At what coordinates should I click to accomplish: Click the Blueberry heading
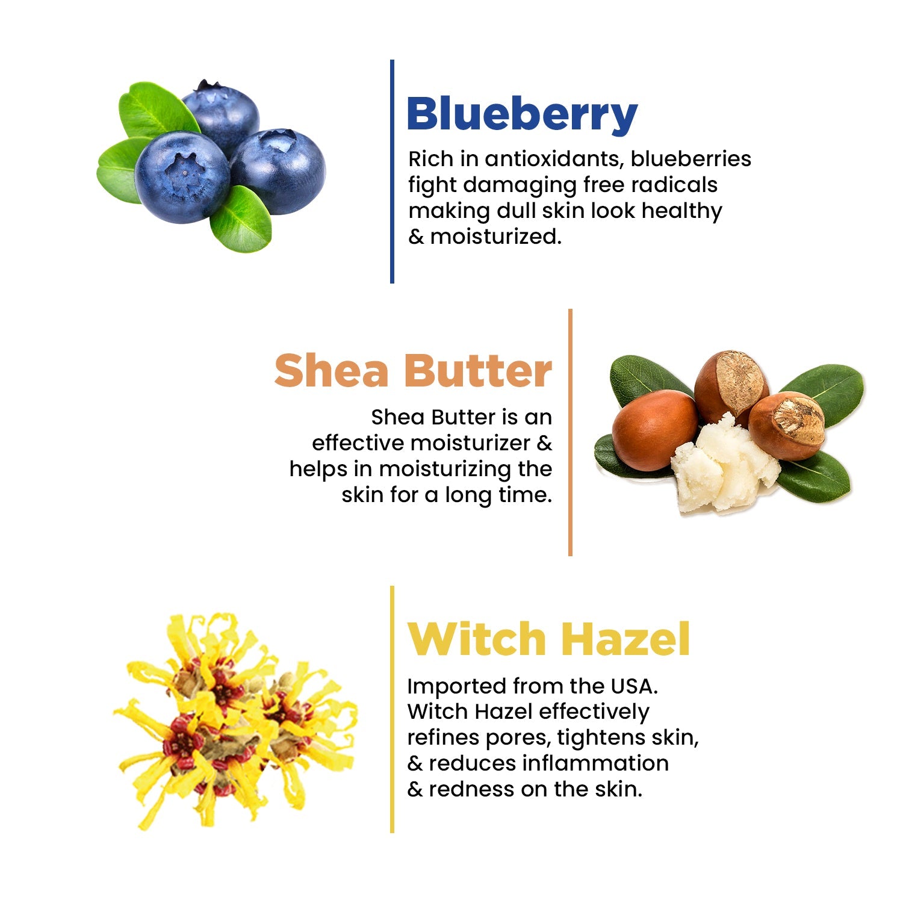click(521, 114)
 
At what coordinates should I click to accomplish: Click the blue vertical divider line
click(392, 172)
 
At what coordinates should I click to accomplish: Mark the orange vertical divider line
click(570, 432)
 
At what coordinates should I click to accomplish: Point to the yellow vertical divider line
click(392, 709)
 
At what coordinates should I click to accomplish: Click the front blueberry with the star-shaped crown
click(182, 178)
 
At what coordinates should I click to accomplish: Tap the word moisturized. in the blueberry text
click(495, 237)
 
